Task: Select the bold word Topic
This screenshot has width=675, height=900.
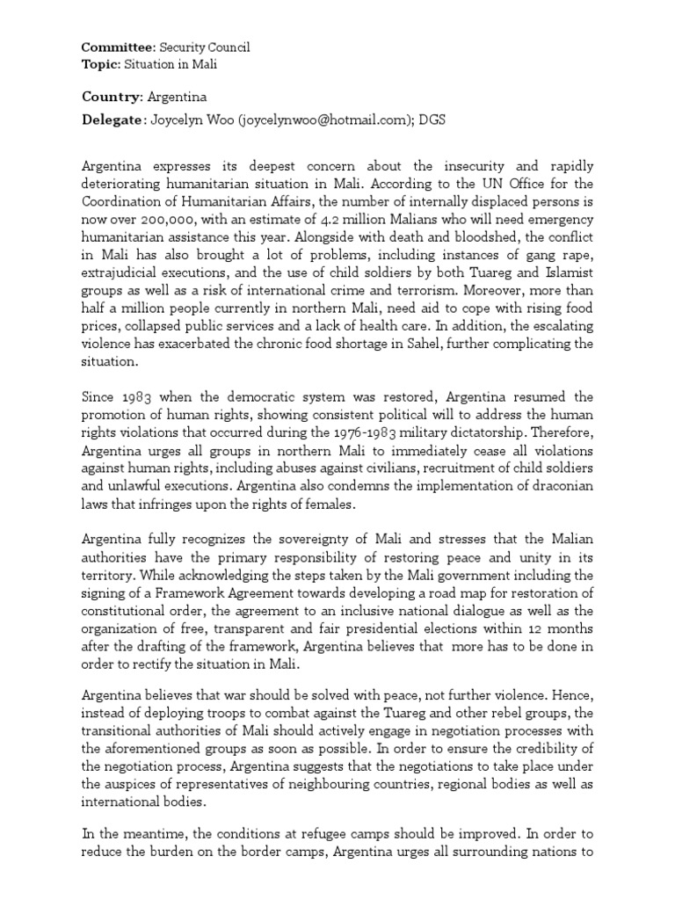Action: coord(98,63)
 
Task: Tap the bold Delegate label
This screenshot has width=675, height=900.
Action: coord(112,119)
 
